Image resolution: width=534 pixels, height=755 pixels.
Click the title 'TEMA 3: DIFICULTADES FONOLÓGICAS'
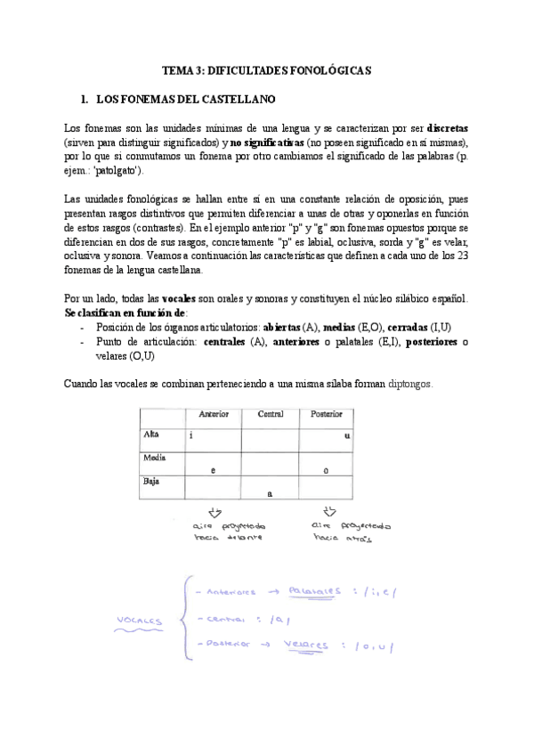click(x=266, y=69)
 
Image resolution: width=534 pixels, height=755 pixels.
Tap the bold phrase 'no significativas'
click(x=267, y=142)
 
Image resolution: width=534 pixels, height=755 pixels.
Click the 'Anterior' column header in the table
click(x=214, y=414)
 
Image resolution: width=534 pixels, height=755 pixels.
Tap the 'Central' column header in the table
click(x=271, y=414)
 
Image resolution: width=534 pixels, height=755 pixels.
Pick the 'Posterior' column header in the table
click(x=327, y=414)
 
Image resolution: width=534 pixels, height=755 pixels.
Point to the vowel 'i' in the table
click(x=190, y=436)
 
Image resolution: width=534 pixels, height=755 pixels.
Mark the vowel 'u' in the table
click(x=346, y=436)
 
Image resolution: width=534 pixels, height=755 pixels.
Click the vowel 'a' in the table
click(x=270, y=492)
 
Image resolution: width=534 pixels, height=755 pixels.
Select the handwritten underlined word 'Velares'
click(x=303, y=645)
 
